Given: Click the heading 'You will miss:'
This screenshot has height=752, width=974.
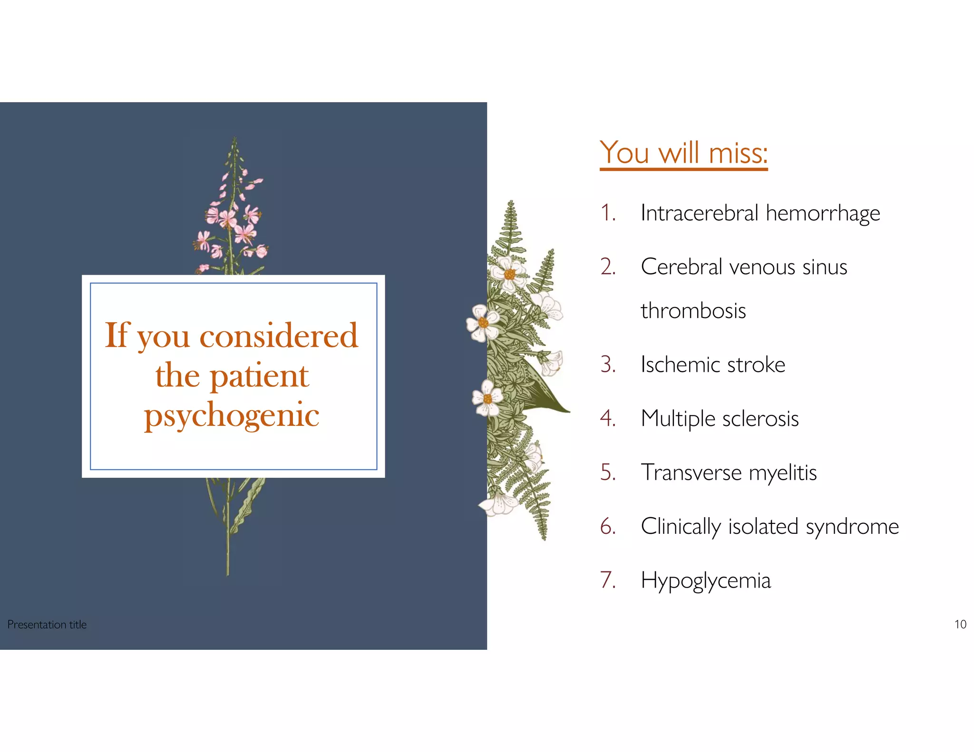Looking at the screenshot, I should point(683,153).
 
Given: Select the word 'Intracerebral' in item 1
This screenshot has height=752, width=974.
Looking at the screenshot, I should point(699,212).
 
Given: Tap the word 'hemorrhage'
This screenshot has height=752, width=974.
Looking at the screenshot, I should point(822,213).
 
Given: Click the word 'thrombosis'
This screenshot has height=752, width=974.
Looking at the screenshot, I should point(693,311).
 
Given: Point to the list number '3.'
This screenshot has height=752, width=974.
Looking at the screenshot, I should point(608,365).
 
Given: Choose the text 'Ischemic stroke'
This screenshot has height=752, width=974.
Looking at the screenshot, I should point(712,365).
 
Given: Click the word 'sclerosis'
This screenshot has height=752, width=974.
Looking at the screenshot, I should point(760,419).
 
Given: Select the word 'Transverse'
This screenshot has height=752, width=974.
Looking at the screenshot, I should point(691,472).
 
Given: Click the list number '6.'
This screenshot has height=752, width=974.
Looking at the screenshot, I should point(608,526).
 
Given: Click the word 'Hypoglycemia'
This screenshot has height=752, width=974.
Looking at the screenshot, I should point(705,581).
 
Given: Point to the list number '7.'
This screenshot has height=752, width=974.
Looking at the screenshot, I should point(608,580).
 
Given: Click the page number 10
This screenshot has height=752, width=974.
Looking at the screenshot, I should point(960,624).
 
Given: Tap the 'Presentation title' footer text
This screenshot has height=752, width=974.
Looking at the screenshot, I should point(47,624).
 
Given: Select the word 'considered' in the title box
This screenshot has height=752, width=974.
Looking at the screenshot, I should point(278,335).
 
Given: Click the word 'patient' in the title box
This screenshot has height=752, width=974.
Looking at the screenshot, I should point(259,376).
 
